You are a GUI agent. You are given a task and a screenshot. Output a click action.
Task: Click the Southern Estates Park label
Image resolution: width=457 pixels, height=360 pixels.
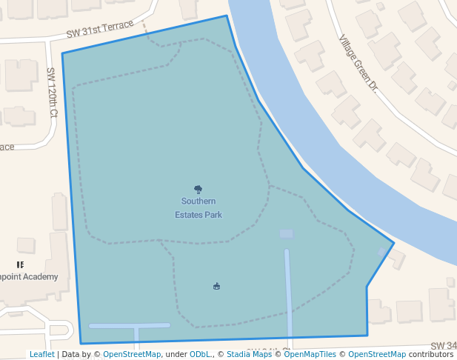click(x=199, y=207)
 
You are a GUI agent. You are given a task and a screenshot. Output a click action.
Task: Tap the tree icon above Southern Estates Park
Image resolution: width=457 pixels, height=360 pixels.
click(x=199, y=190)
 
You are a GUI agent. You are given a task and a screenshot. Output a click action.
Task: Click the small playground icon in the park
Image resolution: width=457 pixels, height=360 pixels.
click(x=216, y=286)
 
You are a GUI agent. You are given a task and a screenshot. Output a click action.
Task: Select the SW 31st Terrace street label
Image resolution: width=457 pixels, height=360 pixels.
click(x=100, y=30)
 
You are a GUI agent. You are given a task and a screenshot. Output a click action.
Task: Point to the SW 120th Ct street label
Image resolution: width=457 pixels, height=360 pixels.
click(x=52, y=93)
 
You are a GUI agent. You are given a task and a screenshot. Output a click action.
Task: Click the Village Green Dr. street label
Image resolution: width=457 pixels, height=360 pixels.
click(x=358, y=63)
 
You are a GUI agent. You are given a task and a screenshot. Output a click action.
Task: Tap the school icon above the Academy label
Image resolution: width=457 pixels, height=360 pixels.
click(x=20, y=264)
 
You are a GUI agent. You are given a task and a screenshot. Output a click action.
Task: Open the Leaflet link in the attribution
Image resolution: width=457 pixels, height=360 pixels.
click(x=41, y=354)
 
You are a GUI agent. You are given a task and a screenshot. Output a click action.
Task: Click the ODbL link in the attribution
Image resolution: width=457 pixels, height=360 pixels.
click(x=201, y=354)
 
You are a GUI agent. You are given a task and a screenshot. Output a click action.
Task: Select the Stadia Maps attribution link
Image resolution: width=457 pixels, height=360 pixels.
click(x=249, y=354)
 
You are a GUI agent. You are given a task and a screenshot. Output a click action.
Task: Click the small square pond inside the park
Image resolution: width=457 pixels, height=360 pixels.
click(x=286, y=234)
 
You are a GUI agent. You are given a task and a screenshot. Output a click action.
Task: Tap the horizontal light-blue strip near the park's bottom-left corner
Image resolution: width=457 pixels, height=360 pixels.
click(x=129, y=325)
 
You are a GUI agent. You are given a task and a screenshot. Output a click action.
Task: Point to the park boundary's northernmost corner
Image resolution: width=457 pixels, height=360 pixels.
click(x=227, y=16)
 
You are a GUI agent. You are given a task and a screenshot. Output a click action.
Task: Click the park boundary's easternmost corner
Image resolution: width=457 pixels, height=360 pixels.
click(x=394, y=242)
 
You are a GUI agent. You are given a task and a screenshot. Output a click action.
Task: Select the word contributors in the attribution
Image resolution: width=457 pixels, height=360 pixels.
click(x=431, y=354)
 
